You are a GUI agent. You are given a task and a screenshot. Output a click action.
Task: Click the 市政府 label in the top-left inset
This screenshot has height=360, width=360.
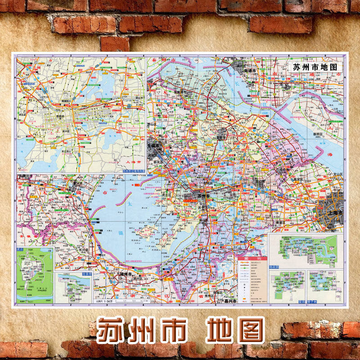(x=60, y=117)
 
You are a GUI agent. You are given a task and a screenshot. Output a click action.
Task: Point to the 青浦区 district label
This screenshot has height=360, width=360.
(x=281, y=223)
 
